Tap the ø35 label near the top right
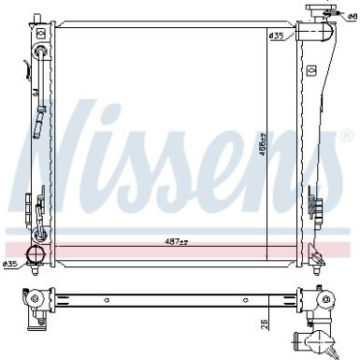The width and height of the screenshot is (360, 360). tap(276, 36)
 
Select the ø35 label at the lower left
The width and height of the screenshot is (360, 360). tap(11, 264)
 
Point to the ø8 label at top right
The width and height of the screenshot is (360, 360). tap(349, 17)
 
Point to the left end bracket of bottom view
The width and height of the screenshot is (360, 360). tap(35, 301)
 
